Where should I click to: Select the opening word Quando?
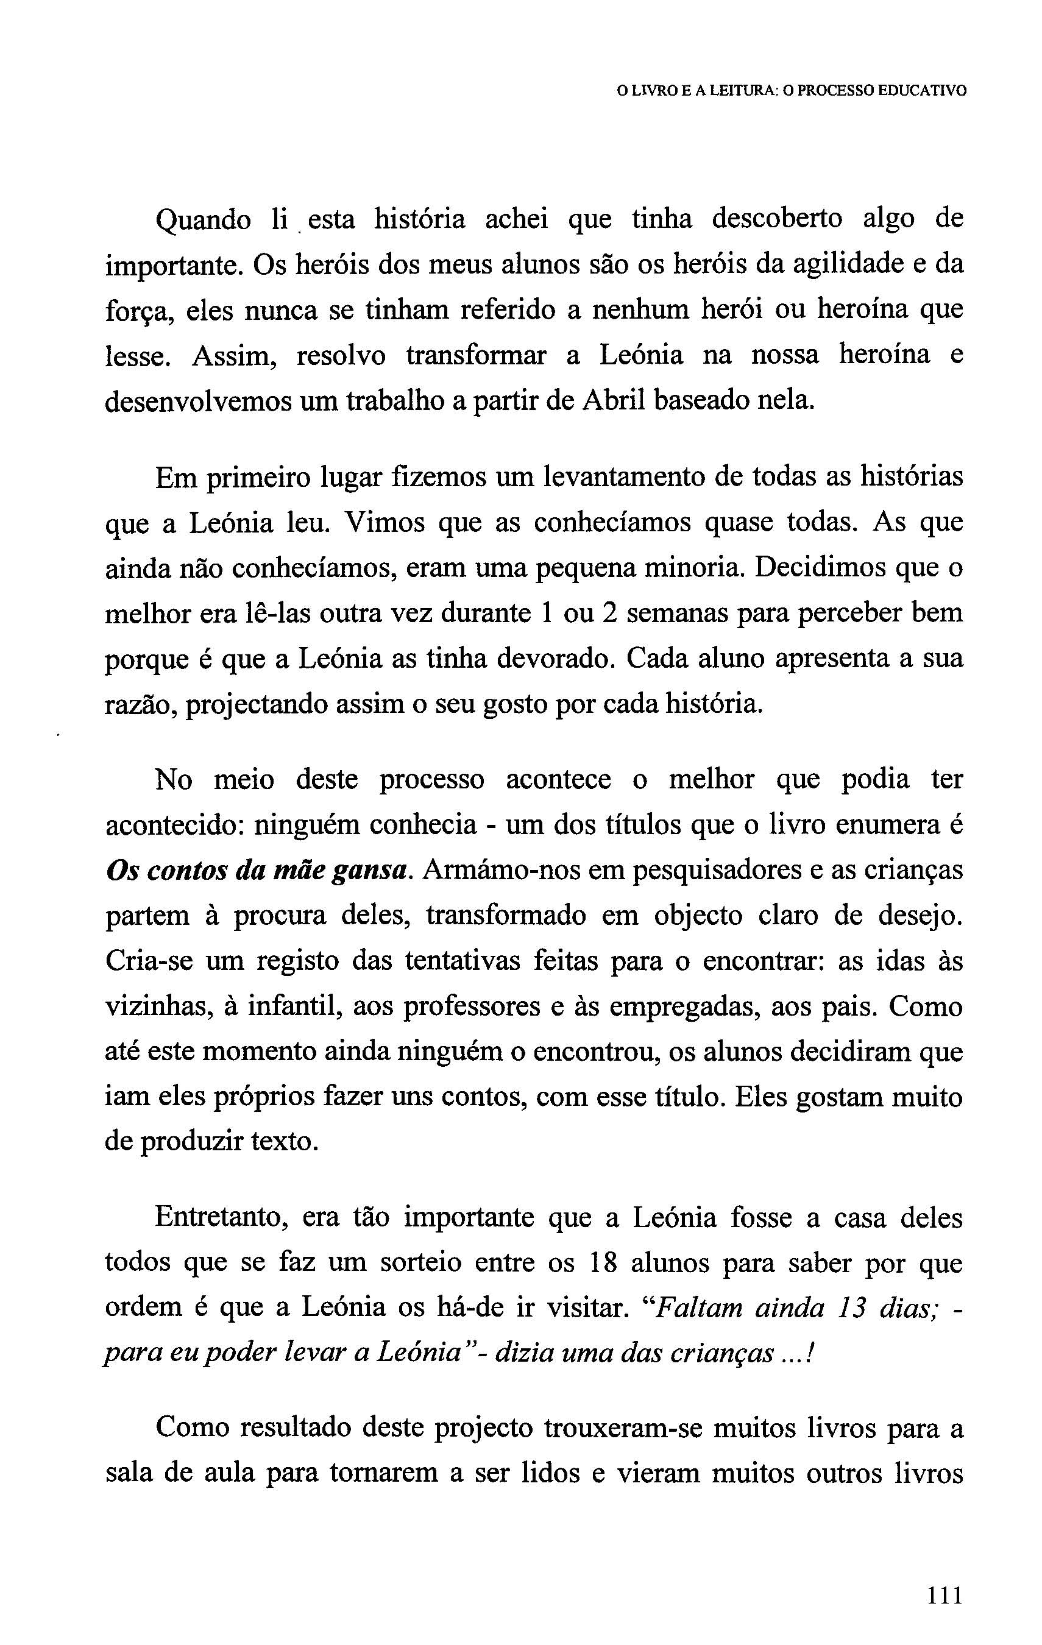pyautogui.click(x=203, y=221)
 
